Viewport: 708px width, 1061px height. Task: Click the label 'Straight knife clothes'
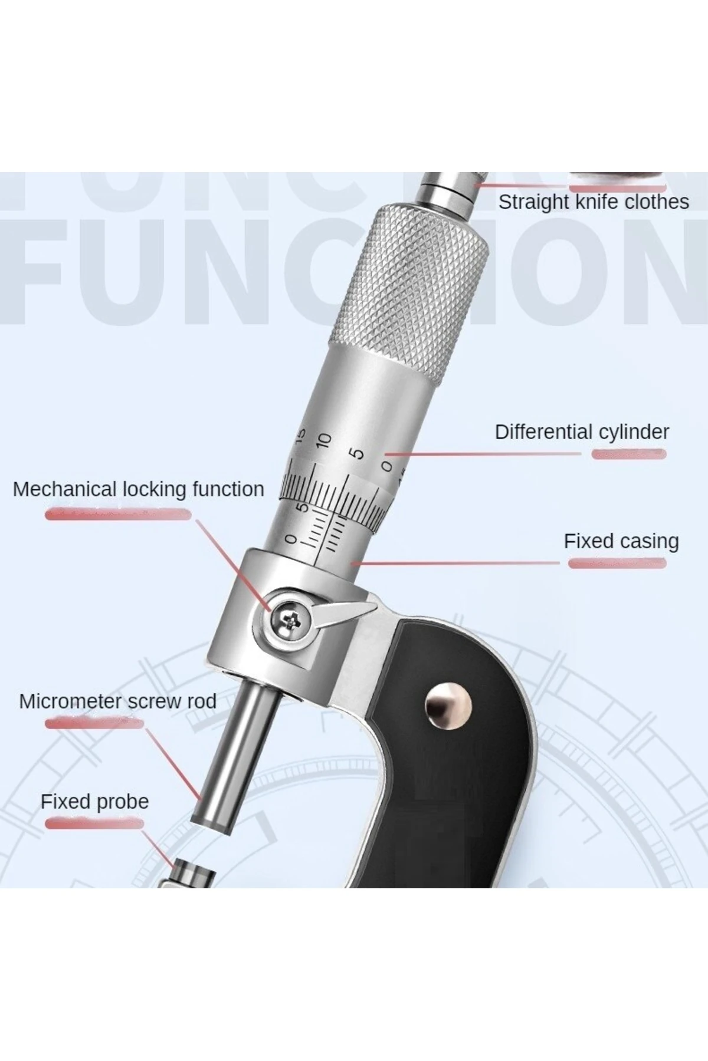click(594, 202)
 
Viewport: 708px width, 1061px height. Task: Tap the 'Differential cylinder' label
click(582, 432)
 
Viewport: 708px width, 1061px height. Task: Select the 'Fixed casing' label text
click(621, 541)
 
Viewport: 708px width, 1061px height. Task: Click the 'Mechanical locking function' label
click(138, 489)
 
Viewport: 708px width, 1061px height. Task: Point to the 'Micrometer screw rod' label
click(117, 701)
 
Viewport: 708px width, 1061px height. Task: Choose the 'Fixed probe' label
click(94, 802)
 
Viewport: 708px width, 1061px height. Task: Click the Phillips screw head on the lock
click(290, 619)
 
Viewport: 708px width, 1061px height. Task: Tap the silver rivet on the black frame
click(449, 706)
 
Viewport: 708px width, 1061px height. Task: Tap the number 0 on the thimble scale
click(387, 466)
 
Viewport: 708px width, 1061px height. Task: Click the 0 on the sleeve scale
click(290, 539)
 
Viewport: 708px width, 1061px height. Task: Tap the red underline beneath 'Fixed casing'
click(617, 564)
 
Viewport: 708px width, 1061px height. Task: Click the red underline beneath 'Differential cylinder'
click(629, 454)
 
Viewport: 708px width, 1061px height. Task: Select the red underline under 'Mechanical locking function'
click(118, 514)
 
